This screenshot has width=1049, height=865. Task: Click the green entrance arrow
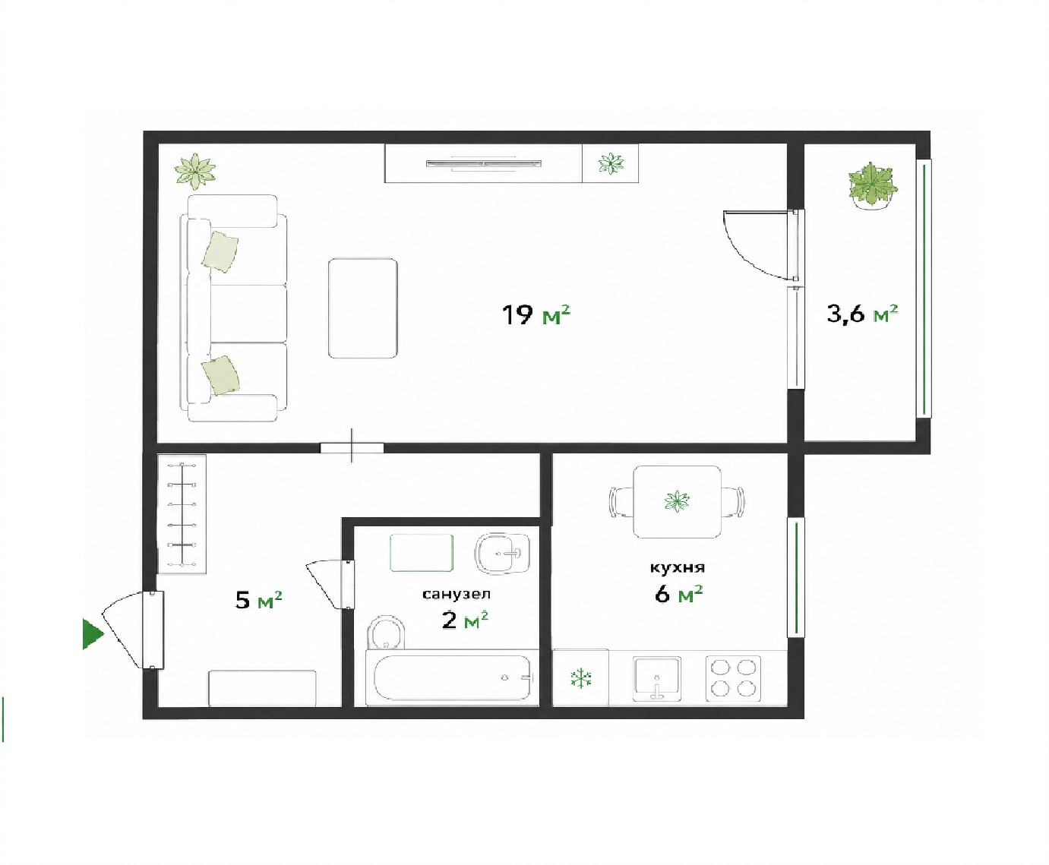pyautogui.click(x=93, y=635)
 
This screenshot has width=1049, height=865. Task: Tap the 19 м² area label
pyautogui.click(x=536, y=315)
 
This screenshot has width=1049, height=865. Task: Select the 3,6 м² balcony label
pyautogui.click(x=862, y=314)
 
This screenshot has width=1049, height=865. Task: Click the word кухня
pyautogui.click(x=678, y=567)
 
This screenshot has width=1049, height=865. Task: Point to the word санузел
pyautogui.click(x=457, y=594)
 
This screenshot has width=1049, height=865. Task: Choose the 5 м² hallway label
pyautogui.click(x=258, y=600)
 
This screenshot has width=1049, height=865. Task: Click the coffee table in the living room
pyautogui.click(x=363, y=308)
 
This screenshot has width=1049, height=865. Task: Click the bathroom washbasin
pyautogui.click(x=502, y=553)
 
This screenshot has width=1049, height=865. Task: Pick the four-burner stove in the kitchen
pyautogui.click(x=733, y=678)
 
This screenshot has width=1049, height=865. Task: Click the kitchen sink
pyautogui.click(x=656, y=678)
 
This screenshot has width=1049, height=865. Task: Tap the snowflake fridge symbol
pyautogui.click(x=581, y=679)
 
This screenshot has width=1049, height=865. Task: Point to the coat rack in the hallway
pyautogui.click(x=182, y=513)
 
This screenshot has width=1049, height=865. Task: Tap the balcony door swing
pyautogui.click(x=759, y=244)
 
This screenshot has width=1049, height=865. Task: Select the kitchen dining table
pyautogui.click(x=678, y=501)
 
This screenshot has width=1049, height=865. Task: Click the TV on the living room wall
pyautogui.click(x=484, y=163)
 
